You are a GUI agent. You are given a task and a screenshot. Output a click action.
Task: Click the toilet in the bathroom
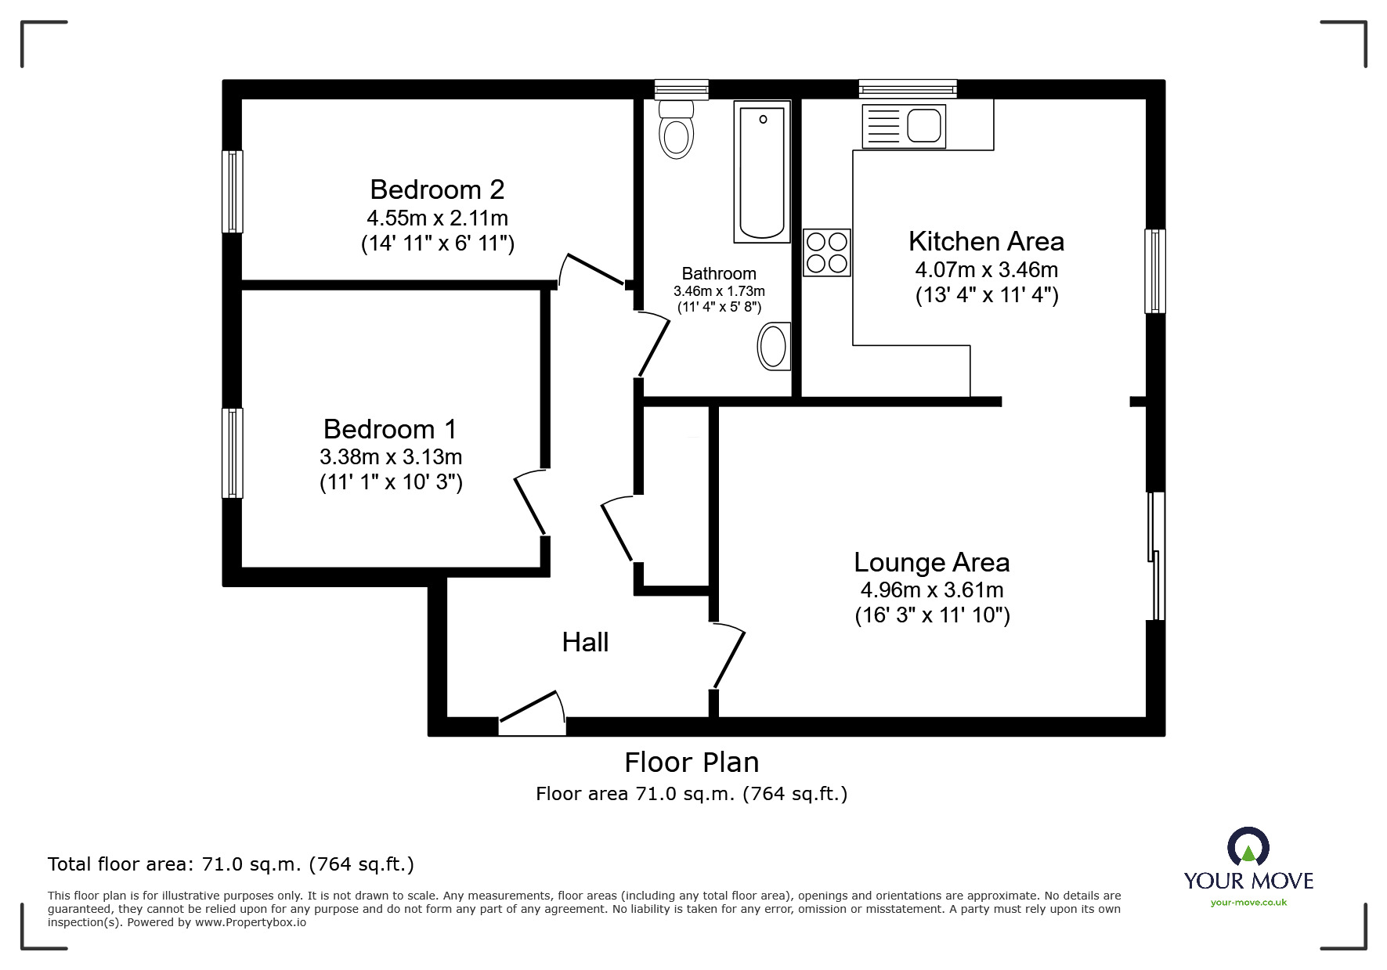pos(677,128)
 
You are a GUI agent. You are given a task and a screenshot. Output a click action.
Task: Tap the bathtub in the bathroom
pos(762,171)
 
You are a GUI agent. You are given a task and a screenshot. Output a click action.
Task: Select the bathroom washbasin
pos(774,346)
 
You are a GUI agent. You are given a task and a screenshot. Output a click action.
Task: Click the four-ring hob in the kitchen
pos(827,252)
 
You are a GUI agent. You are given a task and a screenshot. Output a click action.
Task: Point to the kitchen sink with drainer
pos(903,125)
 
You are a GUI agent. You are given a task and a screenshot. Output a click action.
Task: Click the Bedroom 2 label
pos(437,189)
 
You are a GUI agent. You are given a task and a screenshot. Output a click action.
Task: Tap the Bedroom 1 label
pos(390,429)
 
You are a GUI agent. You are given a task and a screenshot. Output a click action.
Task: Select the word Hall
pos(585,643)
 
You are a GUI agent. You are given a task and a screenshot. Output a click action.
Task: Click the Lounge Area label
pos(931,563)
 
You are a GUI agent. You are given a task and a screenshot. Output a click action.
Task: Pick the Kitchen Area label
pos(986,242)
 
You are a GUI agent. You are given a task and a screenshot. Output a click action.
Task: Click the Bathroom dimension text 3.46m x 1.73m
pos(719,291)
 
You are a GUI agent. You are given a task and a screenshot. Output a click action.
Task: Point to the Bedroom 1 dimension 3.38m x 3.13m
pos(391,456)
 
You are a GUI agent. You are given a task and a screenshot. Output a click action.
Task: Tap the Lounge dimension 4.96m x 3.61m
pos(932,590)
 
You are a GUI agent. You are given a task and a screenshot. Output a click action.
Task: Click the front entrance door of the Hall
pos(533,712)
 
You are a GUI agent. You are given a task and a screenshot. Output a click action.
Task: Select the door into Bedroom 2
pos(594,269)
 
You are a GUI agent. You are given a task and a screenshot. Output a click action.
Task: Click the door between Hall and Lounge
pos(728,655)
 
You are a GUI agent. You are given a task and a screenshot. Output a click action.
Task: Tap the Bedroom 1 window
pos(233,453)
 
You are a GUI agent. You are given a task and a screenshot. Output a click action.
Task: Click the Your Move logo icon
pos(1248,848)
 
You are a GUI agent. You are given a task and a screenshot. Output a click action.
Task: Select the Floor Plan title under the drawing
pos(692,762)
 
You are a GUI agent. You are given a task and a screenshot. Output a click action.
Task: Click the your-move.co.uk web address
pos(1248,903)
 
